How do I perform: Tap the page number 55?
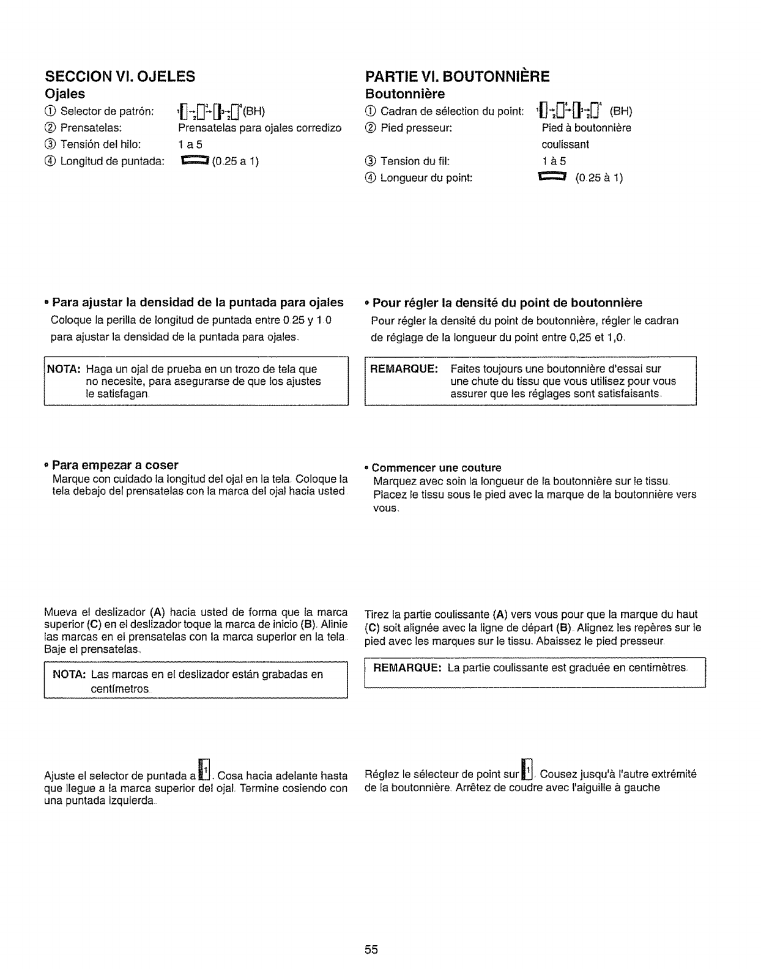tap(371, 950)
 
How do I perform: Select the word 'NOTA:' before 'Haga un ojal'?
tap(64, 369)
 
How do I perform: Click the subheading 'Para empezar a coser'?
tap(115, 466)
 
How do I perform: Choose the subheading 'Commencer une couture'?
tap(436, 467)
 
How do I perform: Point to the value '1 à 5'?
tap(554, 161)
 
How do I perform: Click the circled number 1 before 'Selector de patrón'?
tap(50, 111)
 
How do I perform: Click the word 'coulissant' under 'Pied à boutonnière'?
tap(565, 144)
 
